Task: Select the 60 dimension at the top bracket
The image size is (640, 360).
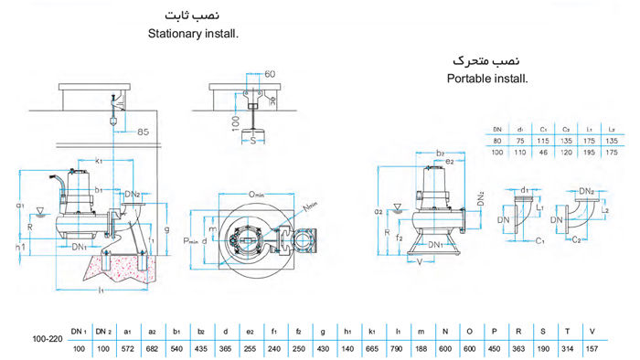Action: click(269, 72)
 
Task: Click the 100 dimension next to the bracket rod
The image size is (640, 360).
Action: click(234, 121)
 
